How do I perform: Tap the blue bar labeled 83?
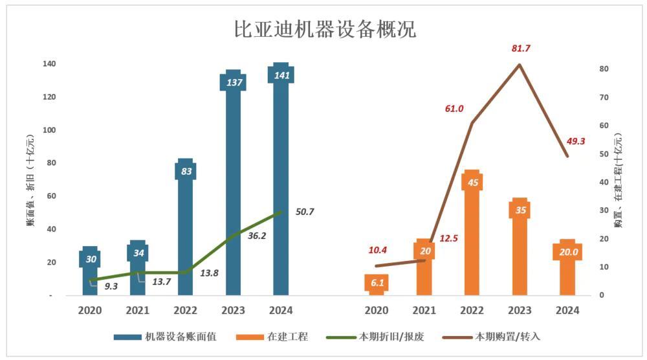click(185, 227)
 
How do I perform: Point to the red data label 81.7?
click(520, 49)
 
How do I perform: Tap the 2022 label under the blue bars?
click(185, 311)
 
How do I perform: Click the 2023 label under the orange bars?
click(520, 311)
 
